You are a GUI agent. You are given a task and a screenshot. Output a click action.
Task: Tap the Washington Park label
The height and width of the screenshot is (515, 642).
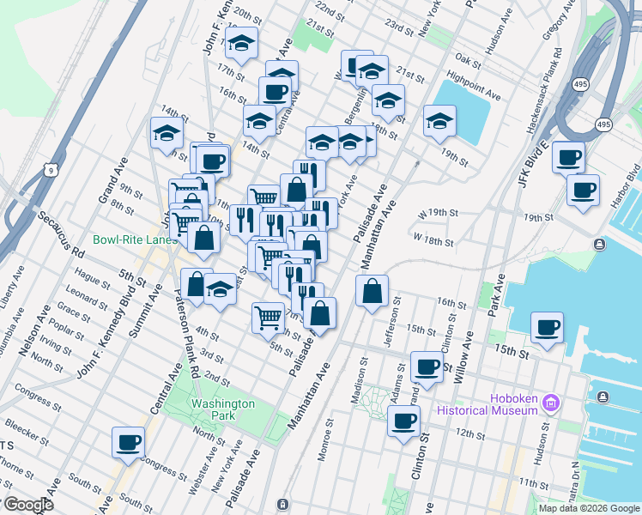coord(223,409)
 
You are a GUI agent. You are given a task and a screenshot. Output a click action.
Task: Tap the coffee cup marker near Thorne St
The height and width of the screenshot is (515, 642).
coord(128,442)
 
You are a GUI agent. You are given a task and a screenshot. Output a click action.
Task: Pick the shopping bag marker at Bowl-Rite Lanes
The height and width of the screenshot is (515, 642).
coord(203,238)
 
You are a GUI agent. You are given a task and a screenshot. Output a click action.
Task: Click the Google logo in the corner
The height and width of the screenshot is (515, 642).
coord(27,505)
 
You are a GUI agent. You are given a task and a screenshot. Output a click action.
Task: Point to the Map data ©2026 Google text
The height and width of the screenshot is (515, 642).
coord(589,508)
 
